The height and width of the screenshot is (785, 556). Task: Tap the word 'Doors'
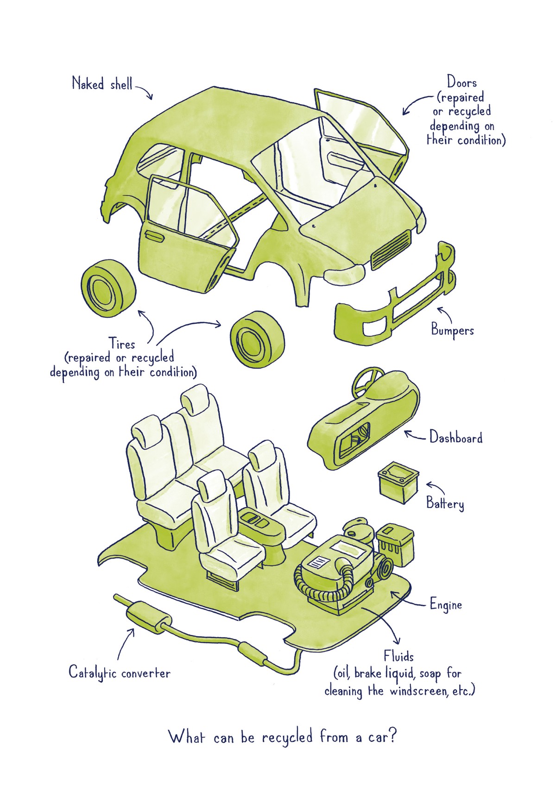461,83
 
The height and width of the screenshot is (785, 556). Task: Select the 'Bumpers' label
452,330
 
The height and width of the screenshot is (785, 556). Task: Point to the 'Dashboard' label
456,438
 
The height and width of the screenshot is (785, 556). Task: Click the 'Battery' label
445,503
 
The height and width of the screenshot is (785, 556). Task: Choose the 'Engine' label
446,605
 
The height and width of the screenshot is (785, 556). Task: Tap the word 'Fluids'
398,656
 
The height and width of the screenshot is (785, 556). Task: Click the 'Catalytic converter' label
120,672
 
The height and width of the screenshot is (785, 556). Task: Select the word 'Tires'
122,344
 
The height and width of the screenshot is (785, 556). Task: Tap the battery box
398,485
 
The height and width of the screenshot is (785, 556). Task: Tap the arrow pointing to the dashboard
415,436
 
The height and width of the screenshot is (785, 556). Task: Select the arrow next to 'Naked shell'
145,91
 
